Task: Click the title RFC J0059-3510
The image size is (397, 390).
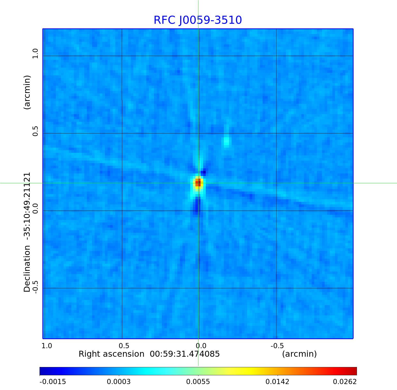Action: [x=198, y=20]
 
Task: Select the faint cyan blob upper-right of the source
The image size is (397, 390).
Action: [x=226, y=141]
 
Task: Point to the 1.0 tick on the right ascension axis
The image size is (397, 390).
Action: [x=47, y=346]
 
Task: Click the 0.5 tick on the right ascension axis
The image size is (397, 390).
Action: [x=124, y=346]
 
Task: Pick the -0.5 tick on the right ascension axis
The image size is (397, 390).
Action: [x=277, y=346]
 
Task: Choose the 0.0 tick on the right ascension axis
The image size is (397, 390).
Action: [x=201, y=346]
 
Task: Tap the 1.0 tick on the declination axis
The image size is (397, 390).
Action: [x=35, y=53]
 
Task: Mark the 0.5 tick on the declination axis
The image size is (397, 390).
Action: [x=35, y=131]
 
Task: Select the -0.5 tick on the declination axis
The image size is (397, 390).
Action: [x=35, y=286]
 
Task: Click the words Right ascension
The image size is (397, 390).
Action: [x=111, y=354]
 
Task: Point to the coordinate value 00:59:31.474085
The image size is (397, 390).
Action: [x=185, y=354]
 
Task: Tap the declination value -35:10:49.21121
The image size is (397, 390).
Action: [x=27, y=208]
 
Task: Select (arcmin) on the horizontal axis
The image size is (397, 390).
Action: [x=299, y=354]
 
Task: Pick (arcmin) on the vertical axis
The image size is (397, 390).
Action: [x=27, y=92]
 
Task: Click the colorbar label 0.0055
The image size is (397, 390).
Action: [x=198, y=382]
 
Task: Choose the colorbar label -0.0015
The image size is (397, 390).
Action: [x=53, y=382]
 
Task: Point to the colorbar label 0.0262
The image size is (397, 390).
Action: [x=345, y=382]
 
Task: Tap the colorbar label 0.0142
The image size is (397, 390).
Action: [x=277, y=382]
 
